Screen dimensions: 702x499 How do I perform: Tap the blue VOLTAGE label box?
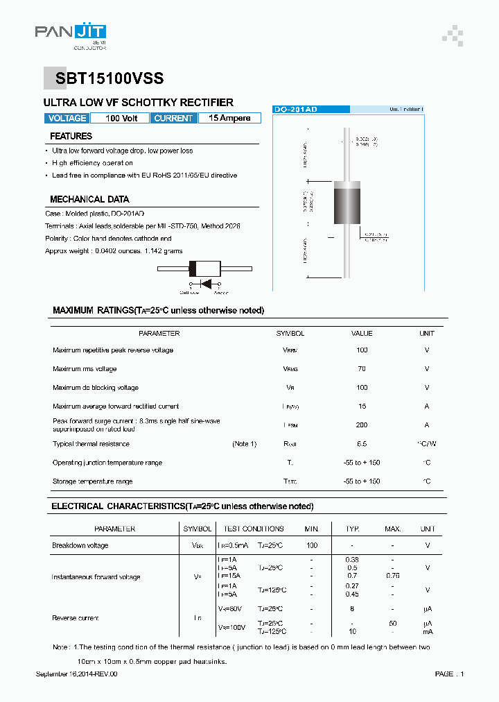click(67, 119)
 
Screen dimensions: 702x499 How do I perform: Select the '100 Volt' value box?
click(121, 119)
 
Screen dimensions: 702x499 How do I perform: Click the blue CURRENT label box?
click(173, 119)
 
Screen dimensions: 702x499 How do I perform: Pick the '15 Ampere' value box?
click(229, 119)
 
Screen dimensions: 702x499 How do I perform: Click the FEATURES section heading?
click(71, 137)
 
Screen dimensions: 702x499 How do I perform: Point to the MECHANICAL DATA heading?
click(89, 199)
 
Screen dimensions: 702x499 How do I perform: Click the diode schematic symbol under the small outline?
click(204, 284)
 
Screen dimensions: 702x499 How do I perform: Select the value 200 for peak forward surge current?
click(362, 425)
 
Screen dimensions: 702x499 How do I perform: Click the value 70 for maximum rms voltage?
click(362, 369)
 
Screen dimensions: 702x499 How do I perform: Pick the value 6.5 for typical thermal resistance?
click(362, 444)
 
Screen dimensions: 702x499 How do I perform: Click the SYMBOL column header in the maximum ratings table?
click(290, 334)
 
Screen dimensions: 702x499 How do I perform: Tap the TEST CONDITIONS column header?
click(254, 529)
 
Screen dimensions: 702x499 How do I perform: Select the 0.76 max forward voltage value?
click(392, 575)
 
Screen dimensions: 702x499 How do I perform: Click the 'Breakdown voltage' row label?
click(80, 546)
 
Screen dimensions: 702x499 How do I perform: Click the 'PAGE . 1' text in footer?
click(449, 674)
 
